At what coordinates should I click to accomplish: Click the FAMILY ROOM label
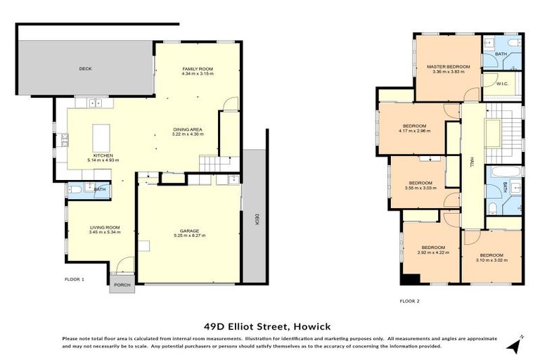[197, 69]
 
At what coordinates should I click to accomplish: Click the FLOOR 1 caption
[74, 279]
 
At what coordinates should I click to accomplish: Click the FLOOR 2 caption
[409, 300]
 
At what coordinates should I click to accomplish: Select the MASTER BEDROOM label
[448, 67]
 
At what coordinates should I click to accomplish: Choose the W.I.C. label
[502, 84]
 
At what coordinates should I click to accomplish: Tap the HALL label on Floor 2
[472, 162]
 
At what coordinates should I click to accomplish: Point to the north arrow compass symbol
[517, 345]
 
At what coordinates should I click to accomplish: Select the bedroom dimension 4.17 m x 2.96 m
[414, 131]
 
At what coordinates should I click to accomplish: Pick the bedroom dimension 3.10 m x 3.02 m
[491, 259]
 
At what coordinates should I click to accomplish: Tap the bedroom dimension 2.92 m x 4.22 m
[433, 252]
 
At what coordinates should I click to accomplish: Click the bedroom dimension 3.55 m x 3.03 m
[420, 188]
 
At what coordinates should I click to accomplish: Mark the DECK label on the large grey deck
[85, 68]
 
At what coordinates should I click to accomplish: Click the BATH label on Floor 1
[100, 190]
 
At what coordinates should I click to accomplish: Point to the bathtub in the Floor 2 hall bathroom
[503, 172]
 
